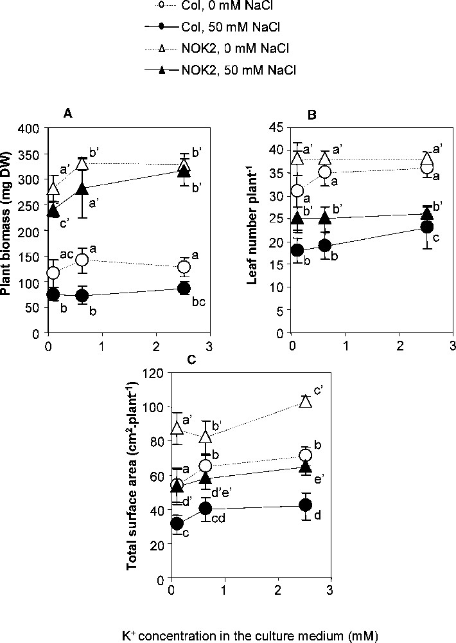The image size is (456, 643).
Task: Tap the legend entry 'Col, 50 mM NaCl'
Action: click(x=191, y=28)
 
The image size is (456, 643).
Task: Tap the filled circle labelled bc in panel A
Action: click(x=184, y=288)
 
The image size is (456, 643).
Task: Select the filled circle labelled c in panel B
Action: click(x=426, y=226)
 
